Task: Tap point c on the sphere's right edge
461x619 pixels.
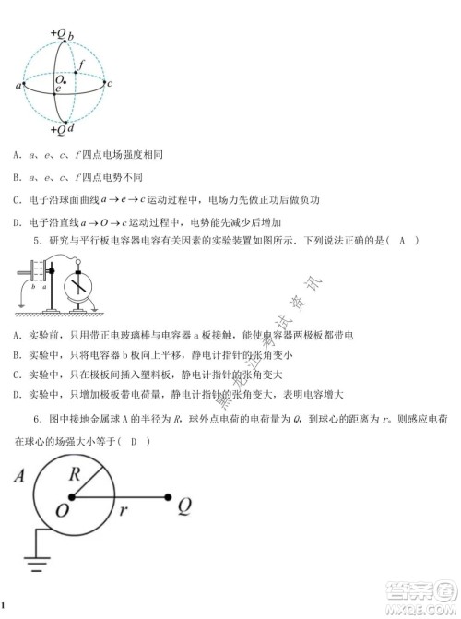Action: pos(110,85)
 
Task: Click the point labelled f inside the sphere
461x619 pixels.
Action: pos(81,65)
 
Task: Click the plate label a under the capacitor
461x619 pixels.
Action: pos(44,289)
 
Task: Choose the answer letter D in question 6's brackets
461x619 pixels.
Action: pos(135,442)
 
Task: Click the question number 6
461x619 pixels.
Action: pos(35,420)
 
